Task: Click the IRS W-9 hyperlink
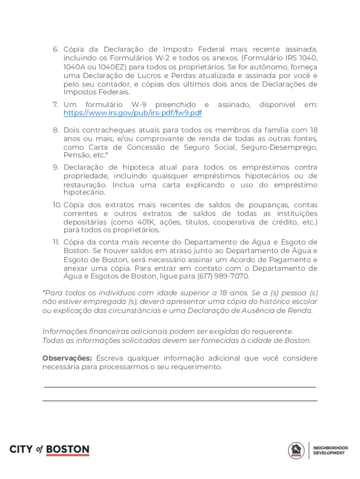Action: [x=133, y=114]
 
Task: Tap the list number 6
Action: [x=55, y=50]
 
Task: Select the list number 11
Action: [x=55, y=242]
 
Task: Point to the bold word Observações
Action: [x=67, y=358]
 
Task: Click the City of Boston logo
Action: [x=49, y=450]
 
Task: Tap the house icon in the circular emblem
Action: [x=296, y=450]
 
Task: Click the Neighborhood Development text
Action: [x=331, y=450]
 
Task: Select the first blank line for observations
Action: [x=180, y=387]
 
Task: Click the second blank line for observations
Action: [x=180, y=401]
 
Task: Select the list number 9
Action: [x=55, y=167]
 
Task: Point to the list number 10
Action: [x=57, y=205]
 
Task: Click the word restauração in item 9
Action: [x=85, y=185]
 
